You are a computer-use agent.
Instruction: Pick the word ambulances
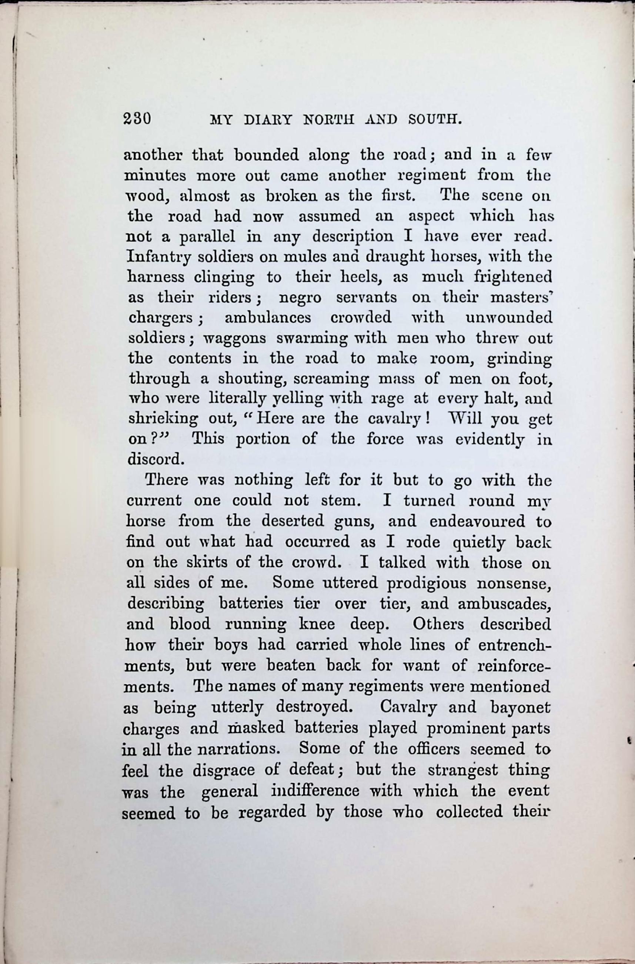[268, 317]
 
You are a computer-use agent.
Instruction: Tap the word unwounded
[509, 317]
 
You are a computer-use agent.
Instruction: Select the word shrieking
[163, 419]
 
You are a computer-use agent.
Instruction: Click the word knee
[317, 624]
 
